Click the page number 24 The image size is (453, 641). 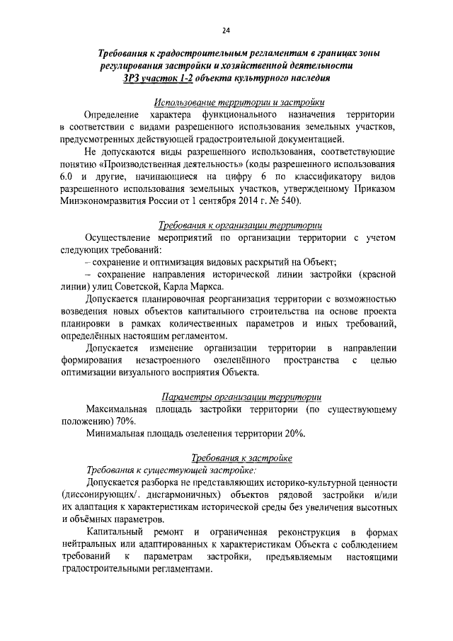[x=226, y=30]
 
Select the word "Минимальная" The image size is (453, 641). [x=117, y=434]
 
